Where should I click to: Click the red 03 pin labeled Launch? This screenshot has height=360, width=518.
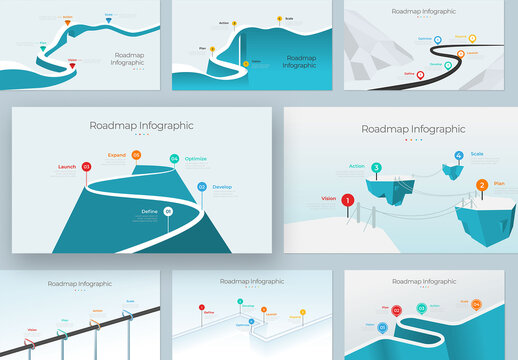(86, 167)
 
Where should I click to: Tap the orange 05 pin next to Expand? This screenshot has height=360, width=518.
(136, 155)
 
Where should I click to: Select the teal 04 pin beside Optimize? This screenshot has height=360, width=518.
(174, 159)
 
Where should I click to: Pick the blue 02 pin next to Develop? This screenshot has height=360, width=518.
(201, 187)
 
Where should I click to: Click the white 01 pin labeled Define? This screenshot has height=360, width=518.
(168, 211)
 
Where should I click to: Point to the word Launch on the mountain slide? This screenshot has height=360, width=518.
(67, 167)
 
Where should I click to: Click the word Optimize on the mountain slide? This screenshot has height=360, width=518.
(195, 159)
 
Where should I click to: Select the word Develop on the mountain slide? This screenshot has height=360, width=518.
(222, 187)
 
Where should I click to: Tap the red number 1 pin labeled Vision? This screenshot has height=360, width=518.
(347, 200)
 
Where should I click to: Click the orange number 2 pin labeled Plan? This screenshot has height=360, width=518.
(482, 185)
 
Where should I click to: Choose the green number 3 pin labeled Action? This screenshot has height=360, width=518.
(376, 168)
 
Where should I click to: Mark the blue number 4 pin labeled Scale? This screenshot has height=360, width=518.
(459, 156)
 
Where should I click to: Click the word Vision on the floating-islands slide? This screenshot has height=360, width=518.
(328, 198)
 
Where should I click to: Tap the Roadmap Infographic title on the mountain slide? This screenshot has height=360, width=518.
(141, 126)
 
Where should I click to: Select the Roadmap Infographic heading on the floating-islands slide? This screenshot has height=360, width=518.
(413, 129)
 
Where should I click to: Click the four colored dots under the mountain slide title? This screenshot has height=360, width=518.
(141, 137)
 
